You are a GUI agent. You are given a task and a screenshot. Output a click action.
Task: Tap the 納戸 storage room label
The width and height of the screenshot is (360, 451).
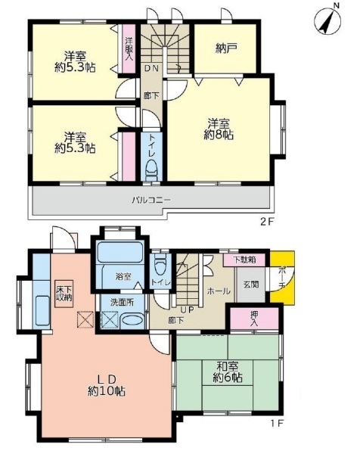tap(226, 48)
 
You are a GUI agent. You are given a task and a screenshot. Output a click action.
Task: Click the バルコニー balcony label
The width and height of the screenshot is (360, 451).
tap(151, 200)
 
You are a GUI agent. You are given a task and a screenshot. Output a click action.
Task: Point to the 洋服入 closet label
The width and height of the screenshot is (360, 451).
tap(129, 48)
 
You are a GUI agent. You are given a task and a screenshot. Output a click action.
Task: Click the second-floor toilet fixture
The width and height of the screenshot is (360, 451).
tap(151, 171)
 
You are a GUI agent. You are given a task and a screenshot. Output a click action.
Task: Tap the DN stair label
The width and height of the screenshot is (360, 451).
tap(151, 68)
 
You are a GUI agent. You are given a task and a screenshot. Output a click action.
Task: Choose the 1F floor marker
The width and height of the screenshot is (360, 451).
tap(277, 424)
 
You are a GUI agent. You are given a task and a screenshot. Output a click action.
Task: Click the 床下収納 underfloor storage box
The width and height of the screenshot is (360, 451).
tap(64, 294)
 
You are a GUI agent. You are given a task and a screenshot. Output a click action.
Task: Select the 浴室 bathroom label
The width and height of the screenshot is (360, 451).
tap(123, 276)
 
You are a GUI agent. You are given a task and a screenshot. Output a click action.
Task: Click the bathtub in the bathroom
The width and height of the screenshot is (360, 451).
tap(120, 252)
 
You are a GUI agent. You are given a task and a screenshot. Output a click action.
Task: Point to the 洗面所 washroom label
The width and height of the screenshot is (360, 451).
tap(123, 302)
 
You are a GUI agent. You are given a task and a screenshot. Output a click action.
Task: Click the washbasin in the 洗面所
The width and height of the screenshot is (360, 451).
tap(132, 321)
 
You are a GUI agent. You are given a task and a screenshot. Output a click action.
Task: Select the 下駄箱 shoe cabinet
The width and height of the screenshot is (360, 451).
tap(244, 260)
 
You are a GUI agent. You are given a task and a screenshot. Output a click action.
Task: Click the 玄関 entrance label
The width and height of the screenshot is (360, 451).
tap(251, 285)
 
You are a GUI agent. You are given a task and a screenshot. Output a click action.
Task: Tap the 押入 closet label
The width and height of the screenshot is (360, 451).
tap(254, 319)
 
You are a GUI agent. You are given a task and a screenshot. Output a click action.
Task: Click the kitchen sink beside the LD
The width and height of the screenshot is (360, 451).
tap(43, 311)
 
